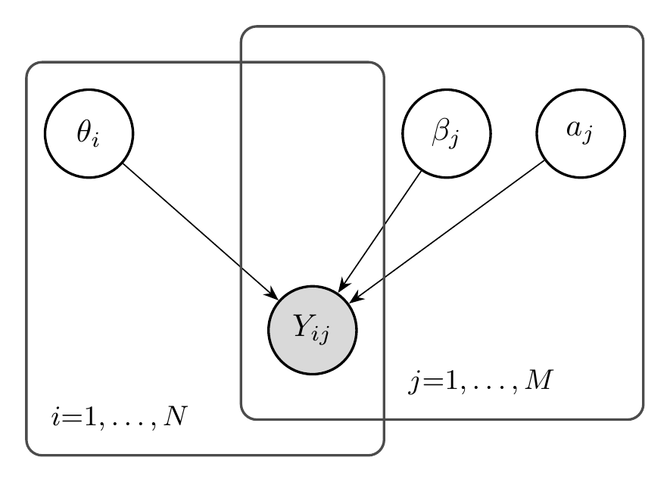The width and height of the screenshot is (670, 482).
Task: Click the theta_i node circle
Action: pyautogui.click(x=89, y=133)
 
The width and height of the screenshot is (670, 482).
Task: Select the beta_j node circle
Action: pyautogui.click(x=446, y=133)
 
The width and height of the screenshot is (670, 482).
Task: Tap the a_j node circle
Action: pyautogui.click(x=581, y=133)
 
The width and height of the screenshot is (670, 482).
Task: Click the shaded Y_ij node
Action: pyautogui.click(x=312, y=330)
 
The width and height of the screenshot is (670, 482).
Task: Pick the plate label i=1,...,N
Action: pyautogui.click(x=119, y=418)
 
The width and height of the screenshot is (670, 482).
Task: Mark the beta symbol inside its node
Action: pyautogui.click(x=441, y=132)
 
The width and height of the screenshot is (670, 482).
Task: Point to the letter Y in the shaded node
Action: pyautogui.click(x=302, y=326)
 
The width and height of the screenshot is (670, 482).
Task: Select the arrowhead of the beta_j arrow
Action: pyautogui.click(x=341, y=288)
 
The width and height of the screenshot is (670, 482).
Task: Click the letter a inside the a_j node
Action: pyautogui.click(x=575, y=129)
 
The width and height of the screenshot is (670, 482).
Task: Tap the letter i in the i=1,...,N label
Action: pyautogui.click(x=55, y=418)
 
